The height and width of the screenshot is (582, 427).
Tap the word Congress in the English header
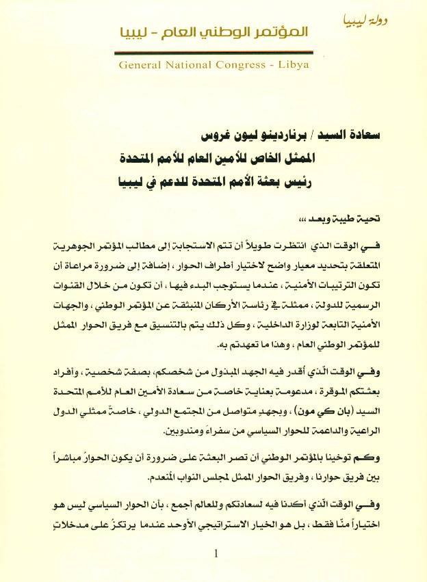[243, 67]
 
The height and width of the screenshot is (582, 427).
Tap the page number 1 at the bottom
[214, 554]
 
